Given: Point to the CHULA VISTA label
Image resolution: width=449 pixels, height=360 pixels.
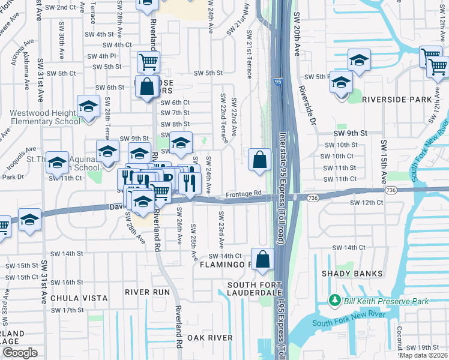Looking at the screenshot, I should click(79, 298).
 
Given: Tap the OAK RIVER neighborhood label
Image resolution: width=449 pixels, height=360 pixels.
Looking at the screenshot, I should click(209, 338).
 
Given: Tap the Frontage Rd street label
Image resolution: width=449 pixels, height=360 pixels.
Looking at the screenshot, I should click(244, 193).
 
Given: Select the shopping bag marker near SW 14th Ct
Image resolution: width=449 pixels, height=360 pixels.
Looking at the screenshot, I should click(263, 259).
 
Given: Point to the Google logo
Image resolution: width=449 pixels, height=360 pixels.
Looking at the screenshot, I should click(20, 353).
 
